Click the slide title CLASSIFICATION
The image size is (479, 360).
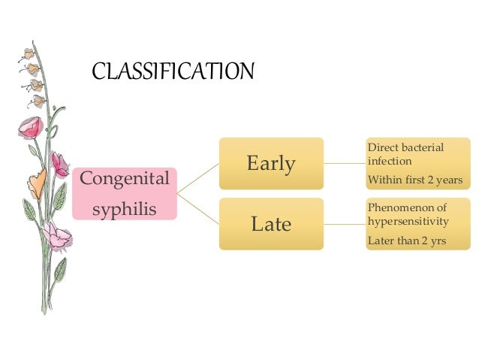[x=173, y=72]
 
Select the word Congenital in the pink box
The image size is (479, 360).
[x=125, y=180]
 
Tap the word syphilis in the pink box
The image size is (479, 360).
[x=125, y=207]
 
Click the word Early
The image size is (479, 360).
[x=271, y=163]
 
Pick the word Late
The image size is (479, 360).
[x=271, y=223]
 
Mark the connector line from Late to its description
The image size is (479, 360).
[x=345, y=223]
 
